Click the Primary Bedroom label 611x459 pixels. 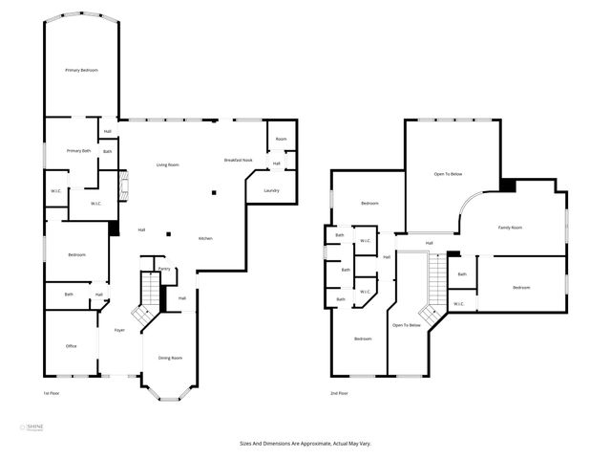[81, 71]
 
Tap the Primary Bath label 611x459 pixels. [78, 151]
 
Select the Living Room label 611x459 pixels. [168, 165]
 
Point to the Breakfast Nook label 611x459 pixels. [238, 160]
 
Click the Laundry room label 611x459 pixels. [271, 190]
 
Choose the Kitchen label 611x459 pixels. [205, 238]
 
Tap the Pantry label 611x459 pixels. [164, 270]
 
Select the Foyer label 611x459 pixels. [119, 330]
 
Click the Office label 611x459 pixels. [71, 345]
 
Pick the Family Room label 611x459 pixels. [511, 228]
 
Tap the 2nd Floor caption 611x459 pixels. [339, 394]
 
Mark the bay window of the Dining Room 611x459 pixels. [171, 390]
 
